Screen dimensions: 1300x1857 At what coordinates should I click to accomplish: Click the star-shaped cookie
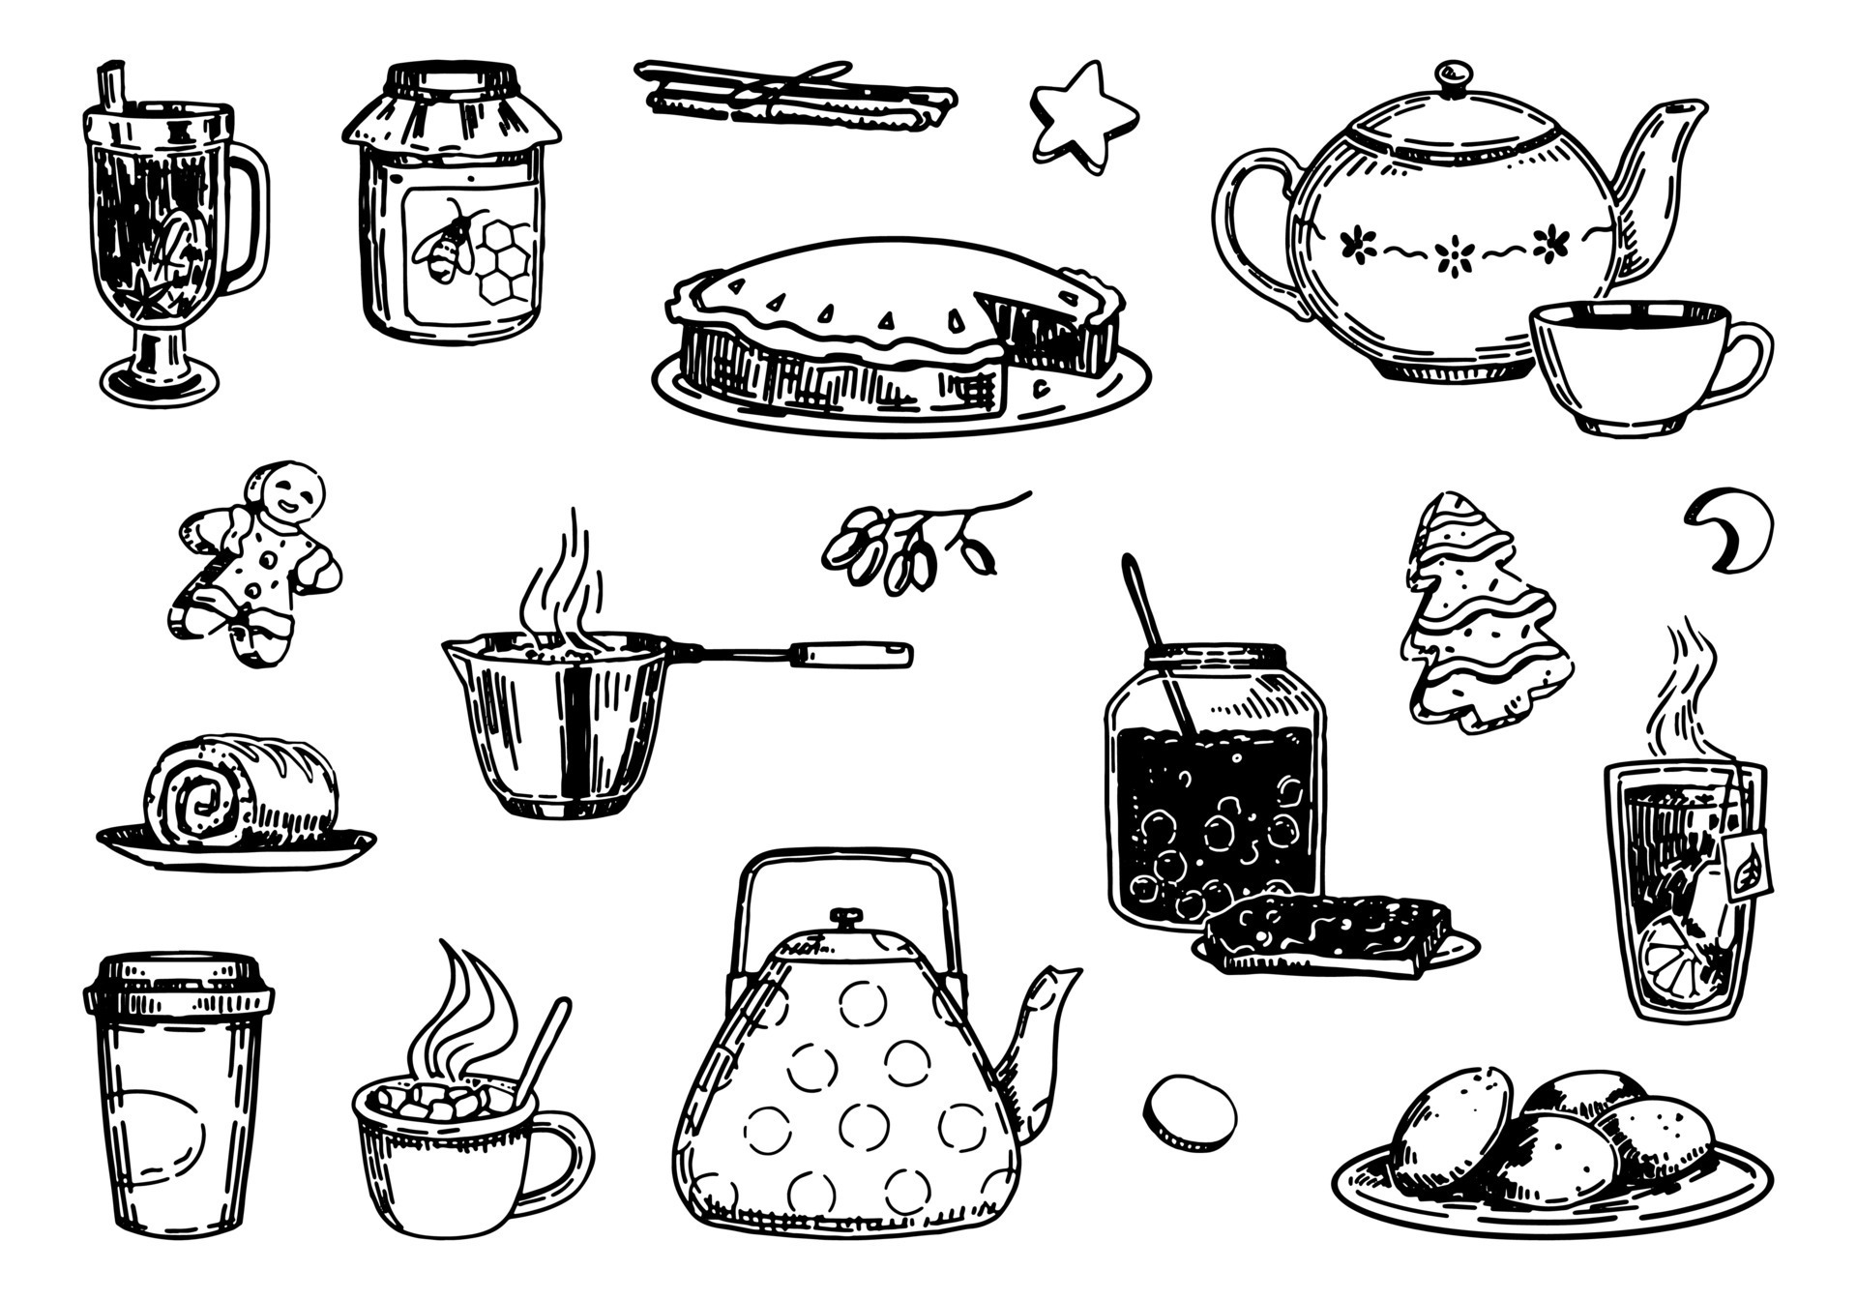[x=1079, y=119]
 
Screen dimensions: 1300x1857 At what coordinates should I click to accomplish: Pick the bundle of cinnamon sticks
[x=793, y=95]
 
